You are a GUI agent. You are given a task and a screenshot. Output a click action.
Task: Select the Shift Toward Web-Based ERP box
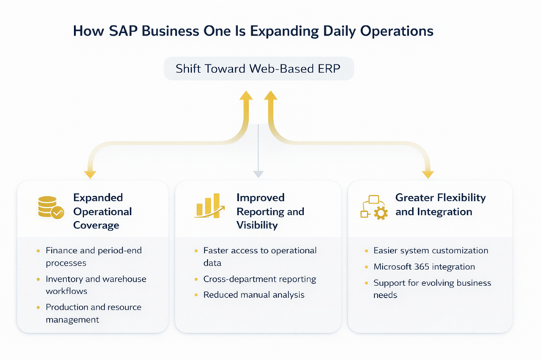click(258, 69)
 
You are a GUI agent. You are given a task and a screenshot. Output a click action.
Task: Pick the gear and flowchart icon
click(374, 207)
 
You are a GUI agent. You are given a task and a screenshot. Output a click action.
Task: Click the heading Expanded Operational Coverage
click(102, 211)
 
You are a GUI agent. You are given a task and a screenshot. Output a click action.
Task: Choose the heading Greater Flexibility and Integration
click(440, 205)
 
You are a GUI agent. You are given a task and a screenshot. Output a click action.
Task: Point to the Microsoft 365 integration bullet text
click(424, 266)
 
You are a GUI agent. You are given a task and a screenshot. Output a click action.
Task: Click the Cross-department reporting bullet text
click(259, 279)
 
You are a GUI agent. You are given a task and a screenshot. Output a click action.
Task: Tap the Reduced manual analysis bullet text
click(253, 294)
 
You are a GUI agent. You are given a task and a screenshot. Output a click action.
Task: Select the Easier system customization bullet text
click(430, 250)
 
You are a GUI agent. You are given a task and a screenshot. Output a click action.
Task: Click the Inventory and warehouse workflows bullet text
click(95, 285)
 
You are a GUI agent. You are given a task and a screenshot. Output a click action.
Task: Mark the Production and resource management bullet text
click(93, 312)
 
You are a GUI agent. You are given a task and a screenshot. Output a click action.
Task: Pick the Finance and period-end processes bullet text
click(93, 256)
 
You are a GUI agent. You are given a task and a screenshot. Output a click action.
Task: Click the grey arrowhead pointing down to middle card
click(258, 174)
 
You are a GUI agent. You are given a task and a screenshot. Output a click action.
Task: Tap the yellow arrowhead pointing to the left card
click(90, 174)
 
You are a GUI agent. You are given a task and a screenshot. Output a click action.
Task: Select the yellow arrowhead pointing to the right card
click(428, 174)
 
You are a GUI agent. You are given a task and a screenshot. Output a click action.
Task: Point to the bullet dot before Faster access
click(196, 251)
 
